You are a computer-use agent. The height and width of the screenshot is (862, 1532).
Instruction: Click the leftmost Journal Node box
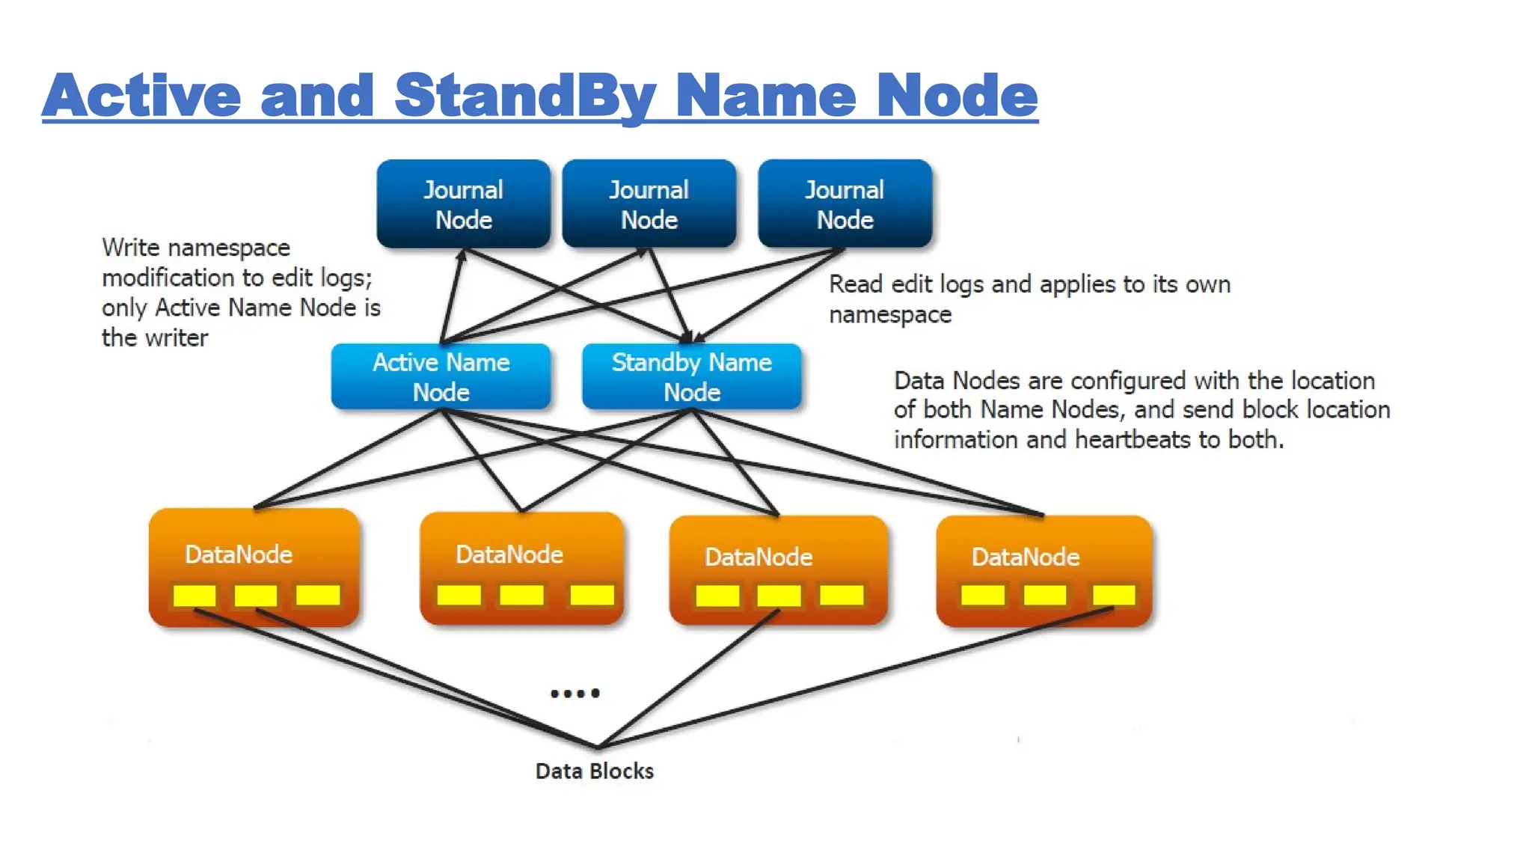463,204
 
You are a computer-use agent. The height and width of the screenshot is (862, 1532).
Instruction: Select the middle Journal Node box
649,204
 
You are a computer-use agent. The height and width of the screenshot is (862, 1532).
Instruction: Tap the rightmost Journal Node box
845,204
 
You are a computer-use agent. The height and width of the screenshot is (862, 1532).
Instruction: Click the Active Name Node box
441,376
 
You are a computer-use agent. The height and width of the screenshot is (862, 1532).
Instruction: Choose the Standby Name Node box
691,376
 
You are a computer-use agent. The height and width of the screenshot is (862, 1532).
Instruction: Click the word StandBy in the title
525,96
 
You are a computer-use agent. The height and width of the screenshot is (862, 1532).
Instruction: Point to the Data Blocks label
594,771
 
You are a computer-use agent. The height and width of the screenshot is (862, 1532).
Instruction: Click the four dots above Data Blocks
574,694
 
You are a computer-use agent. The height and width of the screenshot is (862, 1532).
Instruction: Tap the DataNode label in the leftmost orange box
239,554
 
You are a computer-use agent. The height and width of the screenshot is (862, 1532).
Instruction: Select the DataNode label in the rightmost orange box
1025,557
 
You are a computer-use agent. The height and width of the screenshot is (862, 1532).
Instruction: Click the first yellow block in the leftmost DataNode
194,596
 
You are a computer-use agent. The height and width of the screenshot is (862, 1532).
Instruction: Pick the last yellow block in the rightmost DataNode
1113,596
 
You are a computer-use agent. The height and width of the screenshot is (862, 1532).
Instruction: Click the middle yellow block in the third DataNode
779,596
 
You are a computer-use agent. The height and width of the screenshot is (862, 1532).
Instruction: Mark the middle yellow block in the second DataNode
521,596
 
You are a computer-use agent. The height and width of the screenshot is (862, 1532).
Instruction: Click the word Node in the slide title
957,96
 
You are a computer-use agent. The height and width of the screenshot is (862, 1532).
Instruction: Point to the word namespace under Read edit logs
890,315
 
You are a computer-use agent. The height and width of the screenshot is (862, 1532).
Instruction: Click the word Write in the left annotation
130,248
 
